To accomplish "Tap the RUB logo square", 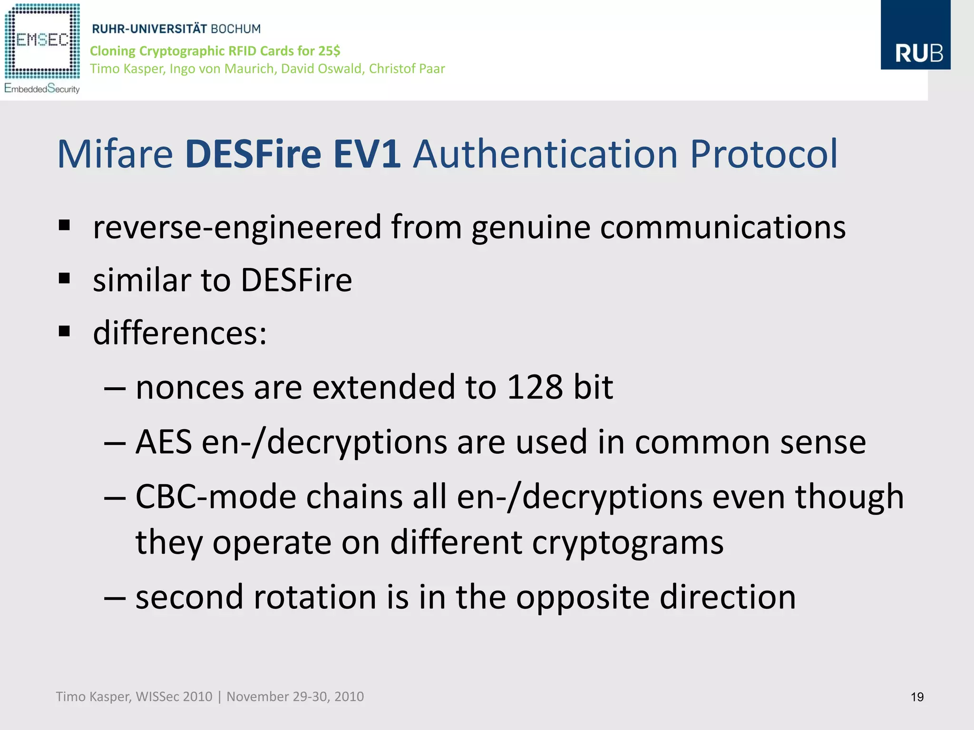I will (x=915, y=35).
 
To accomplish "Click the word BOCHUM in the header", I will (x=236, y=29).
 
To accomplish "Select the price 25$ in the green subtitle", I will (x=330, y=51).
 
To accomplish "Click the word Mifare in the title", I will (x=115, y=154).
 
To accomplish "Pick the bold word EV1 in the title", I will (x=367, y=154).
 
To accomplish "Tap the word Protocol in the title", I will (x=763, y=154).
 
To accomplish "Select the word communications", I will (x=723, y=227).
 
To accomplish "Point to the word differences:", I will (x=180, y=333).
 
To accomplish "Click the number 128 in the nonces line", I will (x=535, y=387).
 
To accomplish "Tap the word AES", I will (x=164, y=442).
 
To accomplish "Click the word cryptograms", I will (x=628, y=542).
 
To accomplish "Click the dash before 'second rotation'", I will (x=115, y=598).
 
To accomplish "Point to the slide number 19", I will (x=917, y=697).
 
